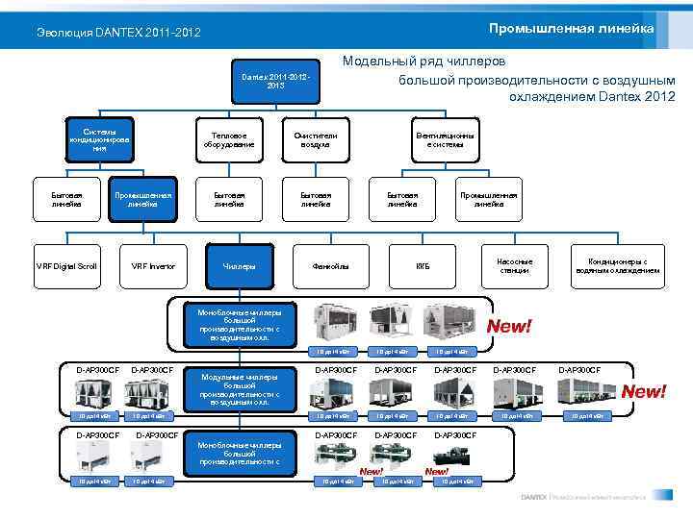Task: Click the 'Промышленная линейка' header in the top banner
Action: [571, 28]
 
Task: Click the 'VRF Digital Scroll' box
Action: [66, 265]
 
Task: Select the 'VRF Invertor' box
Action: [153, 265]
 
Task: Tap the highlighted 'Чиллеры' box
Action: [239, 265]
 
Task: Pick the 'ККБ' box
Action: [423, 265]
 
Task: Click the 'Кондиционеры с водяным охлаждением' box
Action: [617, 265]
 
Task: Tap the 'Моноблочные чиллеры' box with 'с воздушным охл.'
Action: [240, 325]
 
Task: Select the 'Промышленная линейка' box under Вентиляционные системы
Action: [488, 199]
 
